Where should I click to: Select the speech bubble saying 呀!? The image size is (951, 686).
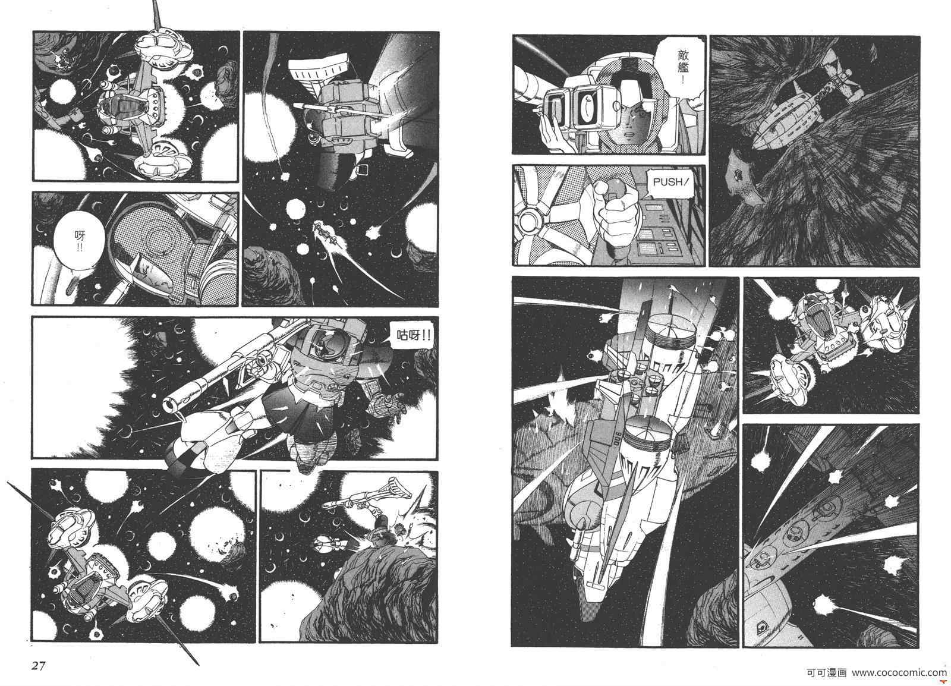pyautogui.click(x=80, y=242)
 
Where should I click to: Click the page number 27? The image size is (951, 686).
pyautogui.click(x=38, y=666)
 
